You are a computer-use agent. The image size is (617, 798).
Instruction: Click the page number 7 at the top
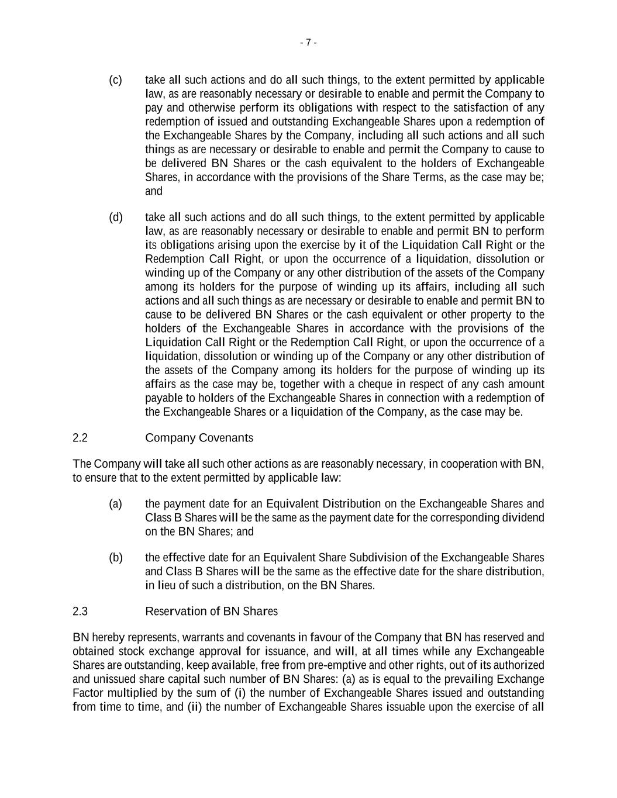[308, 42]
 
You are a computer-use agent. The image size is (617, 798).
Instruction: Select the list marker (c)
[115, 80]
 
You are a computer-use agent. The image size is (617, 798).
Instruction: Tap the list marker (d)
[115, 217]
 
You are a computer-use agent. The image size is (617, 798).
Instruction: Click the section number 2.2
[80, 438]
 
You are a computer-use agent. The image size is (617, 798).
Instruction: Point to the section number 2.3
[80, 612]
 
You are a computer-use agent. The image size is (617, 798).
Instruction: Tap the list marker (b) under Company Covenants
[115, 558]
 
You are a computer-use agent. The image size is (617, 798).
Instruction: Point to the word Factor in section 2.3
[87, 693]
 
